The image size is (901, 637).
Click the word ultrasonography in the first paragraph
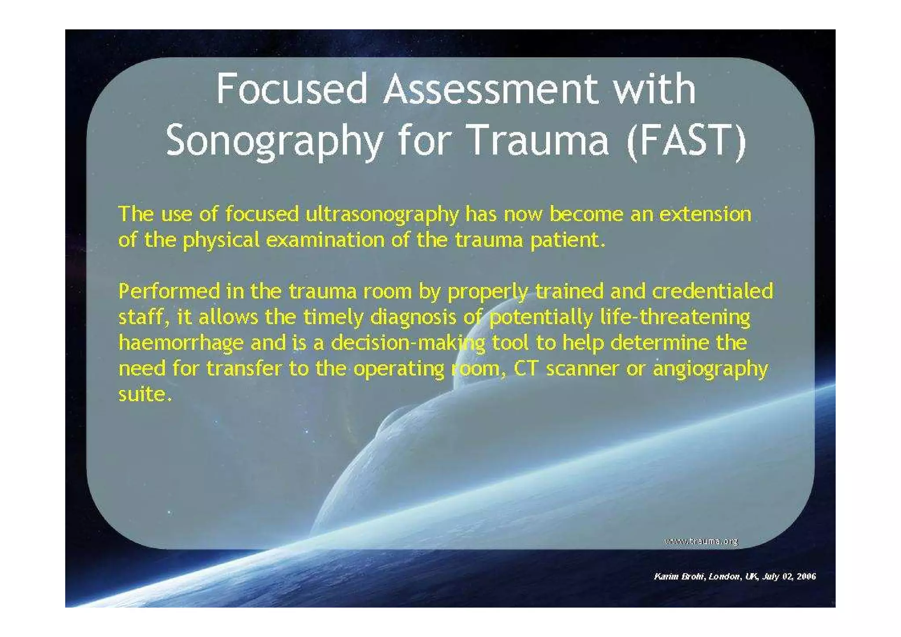[x=382, y=214]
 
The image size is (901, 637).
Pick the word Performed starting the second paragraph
[x=169, y=291]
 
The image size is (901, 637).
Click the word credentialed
[x=712, y=291]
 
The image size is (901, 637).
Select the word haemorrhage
[x=181, y=343]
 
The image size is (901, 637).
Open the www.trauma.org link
[x=701, y=541]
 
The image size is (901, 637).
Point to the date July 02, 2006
[x=789, y=576]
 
